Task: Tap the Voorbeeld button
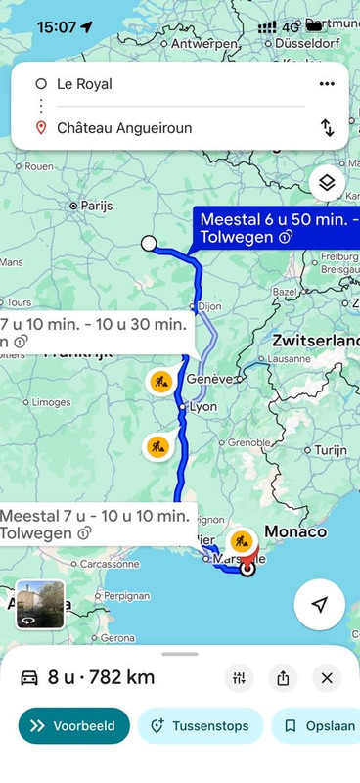tap(73, 726)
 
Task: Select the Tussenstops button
tap(200, 726)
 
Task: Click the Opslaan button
tap(315, 726)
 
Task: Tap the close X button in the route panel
tap(327, 677)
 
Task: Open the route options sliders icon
tap(240, 677)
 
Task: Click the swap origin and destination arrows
tap(327, 127)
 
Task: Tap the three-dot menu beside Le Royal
tap(327, 84)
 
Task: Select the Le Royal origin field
tap(166, 84)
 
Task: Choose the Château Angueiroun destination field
tap(166, 128)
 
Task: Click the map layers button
tap(327, 183)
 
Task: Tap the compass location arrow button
tap(319, 605)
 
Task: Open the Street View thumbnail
tap(40, 604)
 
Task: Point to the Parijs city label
tap(96, 206)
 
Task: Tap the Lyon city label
tap(202, 406)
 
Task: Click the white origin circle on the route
tap(149, 243)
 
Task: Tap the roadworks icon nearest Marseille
tap(240, 541)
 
